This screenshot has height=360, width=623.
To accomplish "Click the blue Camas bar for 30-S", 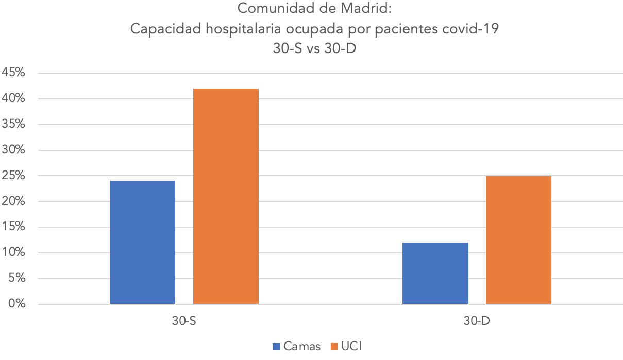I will coord(142,242).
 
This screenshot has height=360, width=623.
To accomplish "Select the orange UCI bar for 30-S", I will coord(226,196).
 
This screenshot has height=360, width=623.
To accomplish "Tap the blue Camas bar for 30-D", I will coord(435,273).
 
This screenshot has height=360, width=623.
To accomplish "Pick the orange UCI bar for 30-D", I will coord(518,239).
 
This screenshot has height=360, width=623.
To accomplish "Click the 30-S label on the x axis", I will coord(184,321).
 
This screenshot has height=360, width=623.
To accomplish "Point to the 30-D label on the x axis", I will coord(476,321).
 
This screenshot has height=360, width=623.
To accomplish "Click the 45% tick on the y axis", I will coord(13,73).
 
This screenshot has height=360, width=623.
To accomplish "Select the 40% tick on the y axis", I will coord(13,98).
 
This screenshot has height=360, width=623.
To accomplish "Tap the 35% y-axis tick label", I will coord(13,124).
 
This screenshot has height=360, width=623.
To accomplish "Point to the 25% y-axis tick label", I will coord(13,176).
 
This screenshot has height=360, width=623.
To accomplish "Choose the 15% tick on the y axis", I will coord(13,227).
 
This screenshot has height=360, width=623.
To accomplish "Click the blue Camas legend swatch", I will coord(276,346).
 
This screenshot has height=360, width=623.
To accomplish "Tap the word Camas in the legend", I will coord(301,346).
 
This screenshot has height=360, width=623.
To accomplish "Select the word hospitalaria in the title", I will coord(244,29).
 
